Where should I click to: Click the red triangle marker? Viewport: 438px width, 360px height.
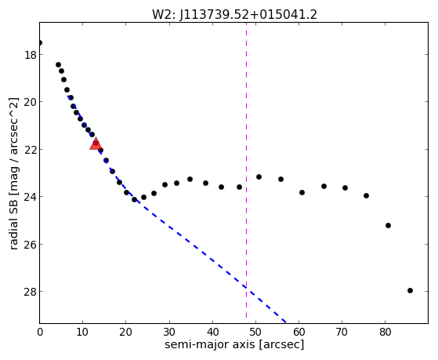click(x=96, y=144)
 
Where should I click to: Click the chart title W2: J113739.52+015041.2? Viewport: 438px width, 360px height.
click(x=234, y=15)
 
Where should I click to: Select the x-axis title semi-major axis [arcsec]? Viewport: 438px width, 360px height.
click(x=234, y=344)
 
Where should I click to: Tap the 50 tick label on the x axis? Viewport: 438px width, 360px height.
click(x=255, y=333)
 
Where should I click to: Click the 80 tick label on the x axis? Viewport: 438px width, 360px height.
click(x=385, y=333)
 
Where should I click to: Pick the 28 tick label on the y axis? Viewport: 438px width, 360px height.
click(x=31, y=292)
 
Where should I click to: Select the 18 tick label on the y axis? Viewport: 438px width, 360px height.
click(x=31, y=55)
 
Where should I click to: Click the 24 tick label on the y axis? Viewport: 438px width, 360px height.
click(x=31, y=197)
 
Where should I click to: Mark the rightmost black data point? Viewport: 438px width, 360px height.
click(x=410, y=291)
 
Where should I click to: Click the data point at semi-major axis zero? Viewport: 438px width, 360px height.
click(x=40, y=43)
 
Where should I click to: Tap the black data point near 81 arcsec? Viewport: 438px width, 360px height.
click(x=388, y=225)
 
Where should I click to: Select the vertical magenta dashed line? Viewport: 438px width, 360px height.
click(x=246, y=170)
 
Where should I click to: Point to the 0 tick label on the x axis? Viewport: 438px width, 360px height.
click(x=40, y=333)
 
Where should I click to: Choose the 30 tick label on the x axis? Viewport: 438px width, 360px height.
click(x=169, y=333)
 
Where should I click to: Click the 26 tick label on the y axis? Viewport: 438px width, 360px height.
click(x=31, y=245)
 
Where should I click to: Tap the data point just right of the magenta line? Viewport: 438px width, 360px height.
click(x=259, y=176)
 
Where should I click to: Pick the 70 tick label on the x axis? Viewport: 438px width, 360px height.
click(x=342, y=333)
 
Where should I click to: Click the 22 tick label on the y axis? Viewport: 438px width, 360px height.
click(x=31, y=150)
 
